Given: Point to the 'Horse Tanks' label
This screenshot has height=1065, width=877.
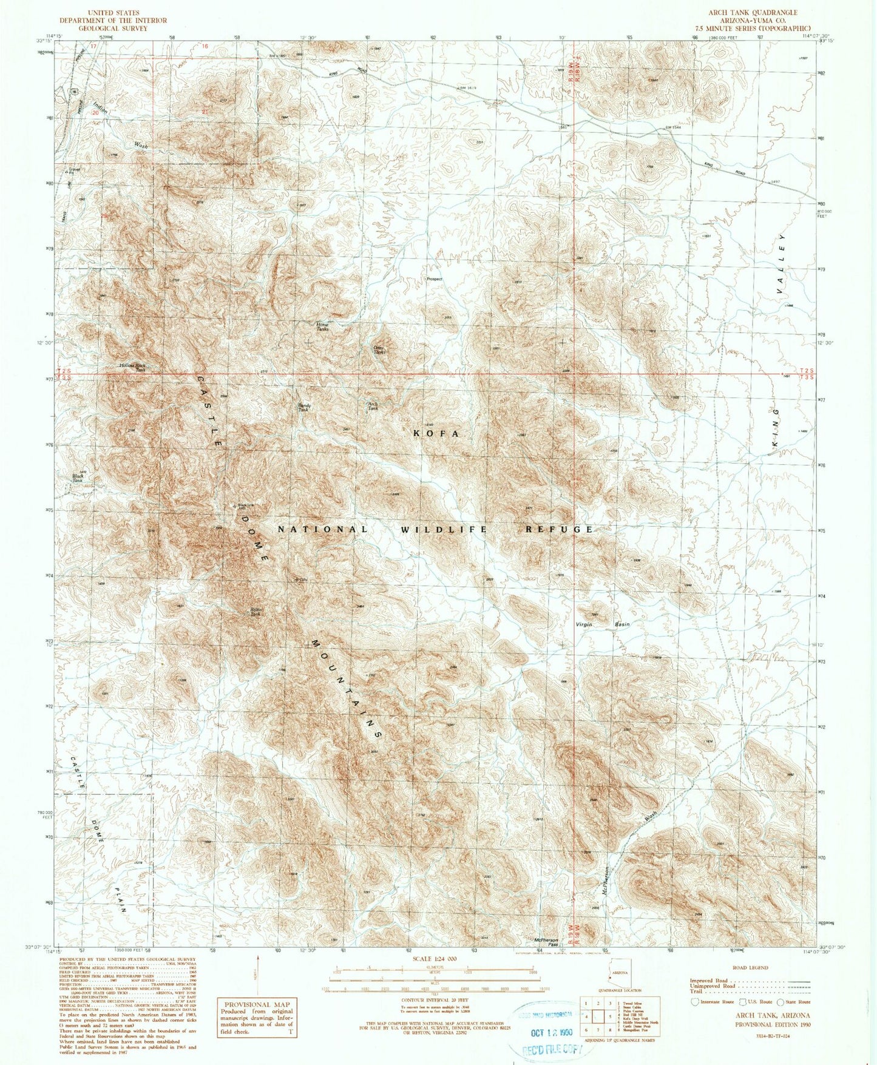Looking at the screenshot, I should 323,326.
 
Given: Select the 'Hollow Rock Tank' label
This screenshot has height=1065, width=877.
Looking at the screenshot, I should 132,367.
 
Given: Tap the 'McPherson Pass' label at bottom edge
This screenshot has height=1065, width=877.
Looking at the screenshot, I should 546,942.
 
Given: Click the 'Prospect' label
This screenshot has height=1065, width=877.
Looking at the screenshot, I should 435,279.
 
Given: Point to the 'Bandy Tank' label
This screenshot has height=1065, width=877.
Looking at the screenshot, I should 303,408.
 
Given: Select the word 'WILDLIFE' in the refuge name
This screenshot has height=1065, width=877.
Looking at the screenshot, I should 444,529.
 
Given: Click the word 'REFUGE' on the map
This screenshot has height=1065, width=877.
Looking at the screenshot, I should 558,529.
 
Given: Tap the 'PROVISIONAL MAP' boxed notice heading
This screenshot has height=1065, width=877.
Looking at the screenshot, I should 257,1005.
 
